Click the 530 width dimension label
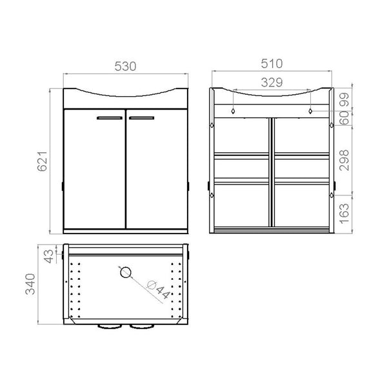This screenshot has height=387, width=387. [125, 66]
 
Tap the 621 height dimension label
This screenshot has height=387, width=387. [42, 161]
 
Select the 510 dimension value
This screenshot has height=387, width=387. [272, 64]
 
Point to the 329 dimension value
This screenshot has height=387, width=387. [272, 83]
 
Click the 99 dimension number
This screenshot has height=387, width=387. [344, 99]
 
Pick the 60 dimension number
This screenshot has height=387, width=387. [344, 118]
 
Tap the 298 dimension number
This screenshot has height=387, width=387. [344, 160]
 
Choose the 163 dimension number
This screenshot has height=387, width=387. [344, 213]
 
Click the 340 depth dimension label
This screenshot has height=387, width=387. [30, 284]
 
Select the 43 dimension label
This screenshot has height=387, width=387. [48, 257]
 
